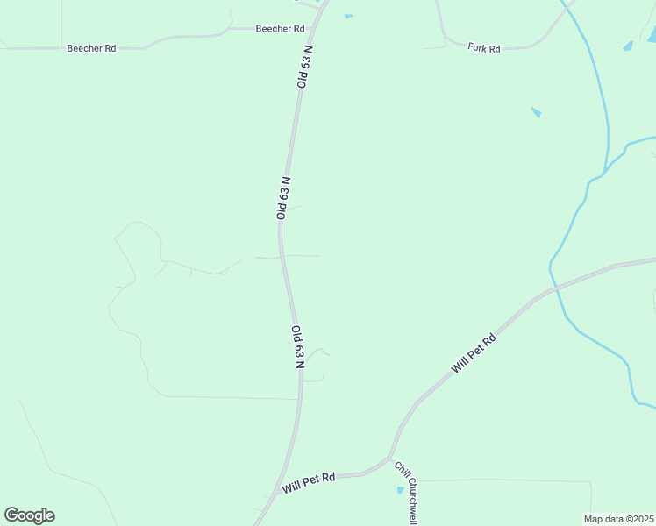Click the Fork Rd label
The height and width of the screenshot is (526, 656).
(x=483, y=48)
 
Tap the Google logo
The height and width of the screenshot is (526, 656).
(x=29, y=515)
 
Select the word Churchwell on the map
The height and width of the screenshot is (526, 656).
(x=410, y=502)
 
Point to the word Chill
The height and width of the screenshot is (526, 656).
(x=400, y=470)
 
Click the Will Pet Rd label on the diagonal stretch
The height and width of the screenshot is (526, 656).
(x=474, y=353)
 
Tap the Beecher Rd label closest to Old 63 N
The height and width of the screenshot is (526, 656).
(x=279, y=29)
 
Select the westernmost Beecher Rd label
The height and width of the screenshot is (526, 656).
(x=91, y=48)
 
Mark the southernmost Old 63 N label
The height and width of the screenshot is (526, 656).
(x=298, y=346)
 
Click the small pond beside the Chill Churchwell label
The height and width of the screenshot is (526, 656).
(x=400, y=489)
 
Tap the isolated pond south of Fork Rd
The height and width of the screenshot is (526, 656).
(x=536, y=112)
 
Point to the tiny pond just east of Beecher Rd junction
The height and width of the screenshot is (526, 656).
(x=348, y=16)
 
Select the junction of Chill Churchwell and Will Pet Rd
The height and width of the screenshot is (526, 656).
(x=389, y=458)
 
